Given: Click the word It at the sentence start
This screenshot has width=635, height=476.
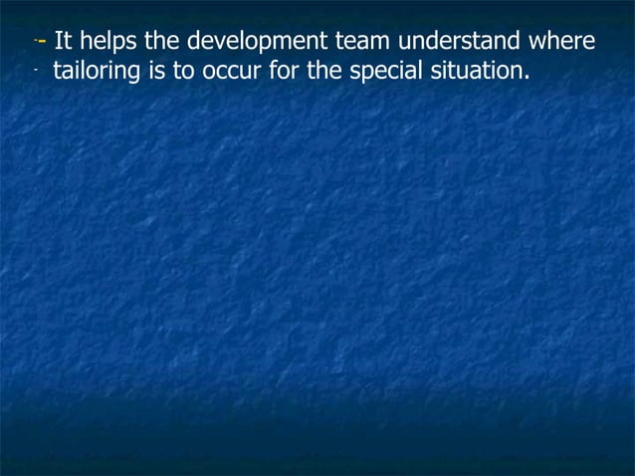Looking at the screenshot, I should (x=62, y=42).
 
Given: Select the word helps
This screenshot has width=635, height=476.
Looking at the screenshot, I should (x=104, y=42).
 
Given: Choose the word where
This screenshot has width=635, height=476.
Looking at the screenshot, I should (x=565, y=42).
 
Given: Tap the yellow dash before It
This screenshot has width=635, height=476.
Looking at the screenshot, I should (x=43, y=42).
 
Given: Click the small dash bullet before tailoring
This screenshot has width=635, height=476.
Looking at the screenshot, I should (x=35, y=72).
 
